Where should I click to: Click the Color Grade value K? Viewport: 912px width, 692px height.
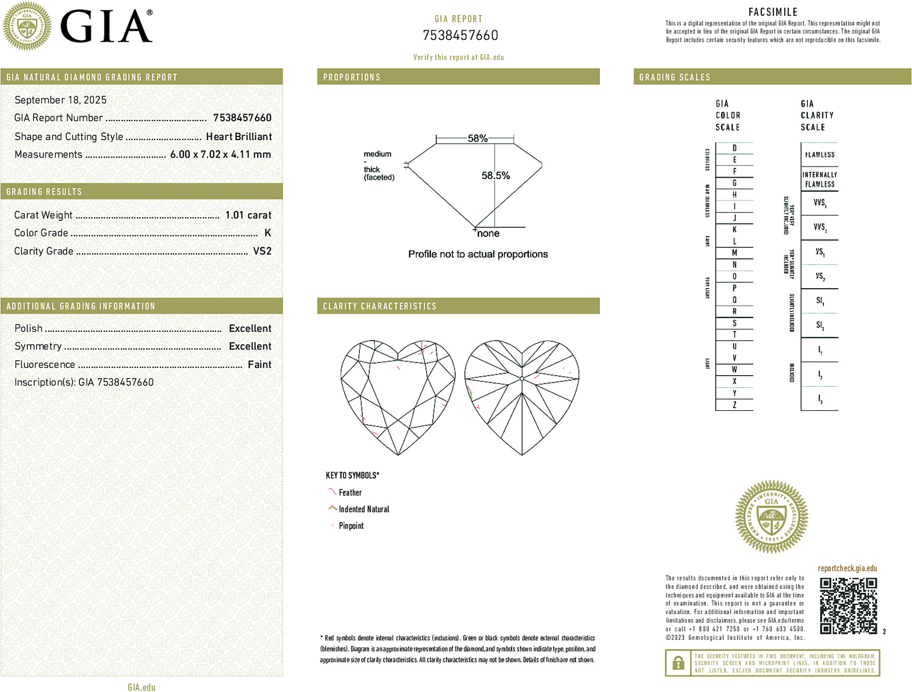[267, 233]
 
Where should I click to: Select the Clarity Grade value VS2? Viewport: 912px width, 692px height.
[262, 251]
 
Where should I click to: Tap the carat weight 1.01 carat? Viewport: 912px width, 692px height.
[248, 215]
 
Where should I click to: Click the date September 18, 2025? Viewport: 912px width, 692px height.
[60, 100]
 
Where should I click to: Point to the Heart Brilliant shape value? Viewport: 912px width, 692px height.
[239, 137]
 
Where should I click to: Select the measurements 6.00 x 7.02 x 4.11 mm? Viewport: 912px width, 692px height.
[220, 154]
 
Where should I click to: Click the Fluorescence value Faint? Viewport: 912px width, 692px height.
[259, 364]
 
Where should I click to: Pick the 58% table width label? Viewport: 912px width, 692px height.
[477, 138]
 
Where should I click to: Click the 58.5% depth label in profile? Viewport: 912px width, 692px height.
[495, 176]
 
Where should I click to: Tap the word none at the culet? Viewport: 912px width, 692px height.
[488, 234]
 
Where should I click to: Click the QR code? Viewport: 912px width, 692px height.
[848, 606]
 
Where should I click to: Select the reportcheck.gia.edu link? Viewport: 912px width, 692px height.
[847, 568]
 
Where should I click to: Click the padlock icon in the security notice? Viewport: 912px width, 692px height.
[678, 663]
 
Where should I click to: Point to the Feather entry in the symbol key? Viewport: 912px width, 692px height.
[350, 492]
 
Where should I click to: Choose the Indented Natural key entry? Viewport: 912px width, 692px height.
[364, 509]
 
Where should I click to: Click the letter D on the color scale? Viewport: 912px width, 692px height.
[734, 148]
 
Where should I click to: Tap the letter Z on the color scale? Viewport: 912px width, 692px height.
[734, 405]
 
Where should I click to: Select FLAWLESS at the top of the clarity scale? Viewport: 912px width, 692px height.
[819, 155]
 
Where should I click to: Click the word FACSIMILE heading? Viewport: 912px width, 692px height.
[773, 12]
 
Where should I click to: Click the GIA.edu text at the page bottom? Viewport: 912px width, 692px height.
[142, 687]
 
